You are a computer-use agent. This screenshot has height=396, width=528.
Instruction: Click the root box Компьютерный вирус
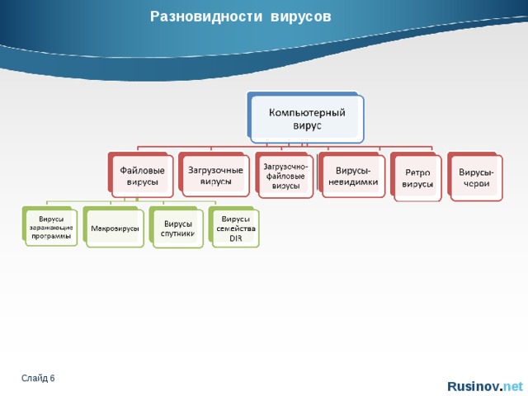(307, 117)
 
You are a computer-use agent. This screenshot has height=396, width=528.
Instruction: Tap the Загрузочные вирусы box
(215, 176)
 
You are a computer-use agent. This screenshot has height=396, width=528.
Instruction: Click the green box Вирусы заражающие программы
(51, 228)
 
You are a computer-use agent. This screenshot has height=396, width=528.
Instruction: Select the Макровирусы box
(114, 228)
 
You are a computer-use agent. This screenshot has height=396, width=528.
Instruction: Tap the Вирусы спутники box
(177, 229)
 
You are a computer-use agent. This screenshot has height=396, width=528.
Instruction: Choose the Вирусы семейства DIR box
(236, 228)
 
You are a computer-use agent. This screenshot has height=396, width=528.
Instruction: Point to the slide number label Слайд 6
(39, 378)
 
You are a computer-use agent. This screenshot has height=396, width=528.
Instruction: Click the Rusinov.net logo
(483, 385)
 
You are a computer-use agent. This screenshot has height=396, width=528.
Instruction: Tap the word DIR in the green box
(235, 238)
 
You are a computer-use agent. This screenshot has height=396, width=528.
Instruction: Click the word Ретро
(417, 172)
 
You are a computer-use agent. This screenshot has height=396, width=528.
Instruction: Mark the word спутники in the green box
(177, 234)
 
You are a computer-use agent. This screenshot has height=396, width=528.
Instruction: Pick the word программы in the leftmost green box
(51, 236)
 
